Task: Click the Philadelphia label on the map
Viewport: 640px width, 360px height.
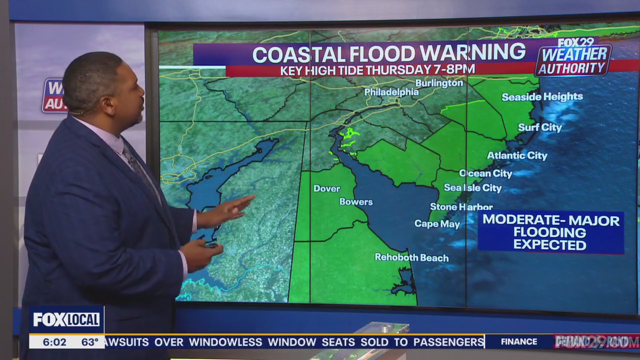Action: point(391,92)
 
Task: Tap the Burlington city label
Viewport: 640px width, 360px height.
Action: point(439,83)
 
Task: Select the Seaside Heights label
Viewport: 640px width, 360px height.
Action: point(542,96)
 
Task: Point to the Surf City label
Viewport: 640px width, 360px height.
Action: point(539,127)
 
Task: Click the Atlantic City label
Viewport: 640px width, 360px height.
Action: point(517,155)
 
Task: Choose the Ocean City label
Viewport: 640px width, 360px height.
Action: point(485,173)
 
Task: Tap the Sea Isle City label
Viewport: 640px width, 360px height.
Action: point(472,188)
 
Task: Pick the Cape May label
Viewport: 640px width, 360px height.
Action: point(437,224)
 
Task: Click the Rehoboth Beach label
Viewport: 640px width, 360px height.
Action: point(411,257)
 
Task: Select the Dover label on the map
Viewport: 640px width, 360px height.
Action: point(326,188)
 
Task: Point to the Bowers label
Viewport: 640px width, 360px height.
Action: point(356,202)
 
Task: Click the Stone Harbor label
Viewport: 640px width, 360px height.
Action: point(461,207)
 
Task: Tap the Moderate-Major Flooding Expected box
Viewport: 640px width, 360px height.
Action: point(550,232)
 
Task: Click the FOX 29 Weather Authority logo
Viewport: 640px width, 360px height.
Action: point(573,57)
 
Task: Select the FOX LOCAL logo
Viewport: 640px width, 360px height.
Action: point(66,319)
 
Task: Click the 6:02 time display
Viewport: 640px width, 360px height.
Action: point(54,342)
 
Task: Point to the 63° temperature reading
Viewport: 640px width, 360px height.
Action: point(90,342)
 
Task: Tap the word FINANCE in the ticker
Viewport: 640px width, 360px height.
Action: point(518,341)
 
